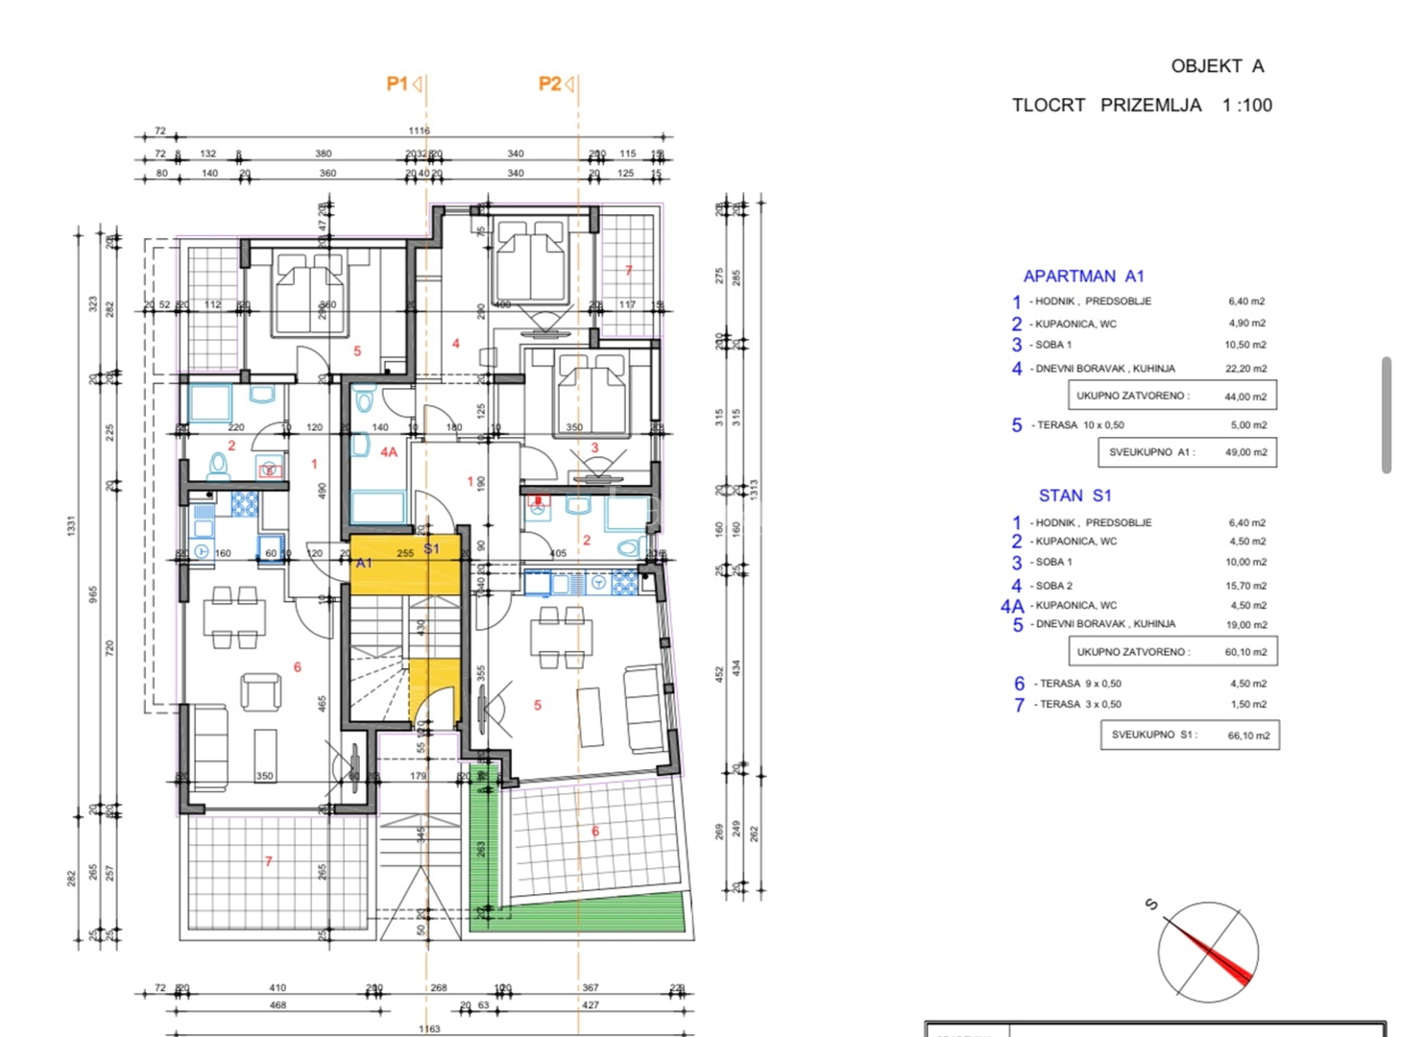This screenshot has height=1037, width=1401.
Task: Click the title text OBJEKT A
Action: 1217,66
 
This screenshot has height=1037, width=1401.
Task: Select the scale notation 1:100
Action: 1246,106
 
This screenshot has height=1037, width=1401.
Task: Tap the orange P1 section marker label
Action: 398,84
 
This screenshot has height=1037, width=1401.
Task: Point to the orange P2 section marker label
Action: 549,84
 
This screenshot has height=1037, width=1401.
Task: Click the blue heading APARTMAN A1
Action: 1083,277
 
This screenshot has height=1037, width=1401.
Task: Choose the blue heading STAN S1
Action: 1075,495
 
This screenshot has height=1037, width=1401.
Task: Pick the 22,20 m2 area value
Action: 1246,369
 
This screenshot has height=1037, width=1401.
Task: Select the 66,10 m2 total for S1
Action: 1248,736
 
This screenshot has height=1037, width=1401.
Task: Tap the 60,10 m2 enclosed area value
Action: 1245,652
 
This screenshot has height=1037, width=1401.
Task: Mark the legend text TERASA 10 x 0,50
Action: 1079,425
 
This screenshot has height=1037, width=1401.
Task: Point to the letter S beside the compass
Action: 1150,904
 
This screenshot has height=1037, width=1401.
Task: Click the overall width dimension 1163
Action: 429,1029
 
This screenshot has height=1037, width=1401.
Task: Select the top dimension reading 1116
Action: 419,131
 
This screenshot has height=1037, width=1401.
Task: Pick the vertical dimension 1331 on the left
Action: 71,525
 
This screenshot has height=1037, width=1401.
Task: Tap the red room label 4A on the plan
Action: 388,451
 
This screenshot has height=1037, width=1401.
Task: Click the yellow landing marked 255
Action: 405,565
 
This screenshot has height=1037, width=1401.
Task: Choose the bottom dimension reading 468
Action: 278,1005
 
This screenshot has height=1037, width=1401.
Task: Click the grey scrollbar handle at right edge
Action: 1386,415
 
